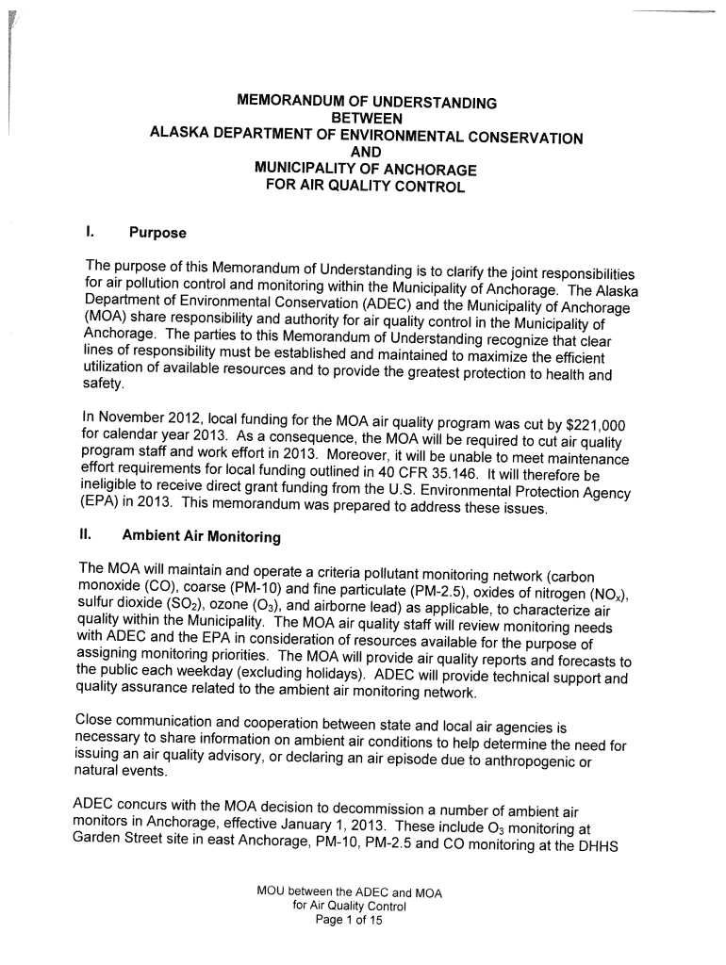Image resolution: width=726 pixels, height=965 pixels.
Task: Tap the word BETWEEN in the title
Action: click(x=366, y=118)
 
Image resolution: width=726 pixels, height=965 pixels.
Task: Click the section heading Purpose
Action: click(x=157, y=233)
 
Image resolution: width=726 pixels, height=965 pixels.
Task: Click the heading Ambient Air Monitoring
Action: click(x=202, y=537)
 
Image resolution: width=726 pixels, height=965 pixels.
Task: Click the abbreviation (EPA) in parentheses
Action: click(x=98, y=510)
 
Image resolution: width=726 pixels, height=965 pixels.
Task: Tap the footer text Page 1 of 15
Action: click(x=348, y=922)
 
